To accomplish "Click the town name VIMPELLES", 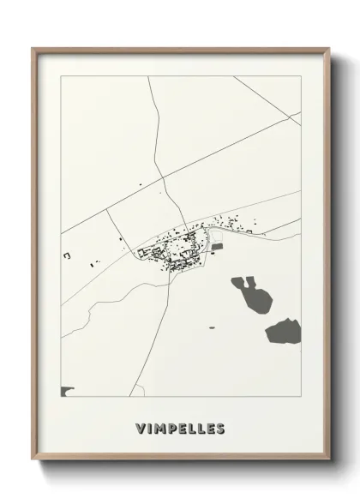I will [180, 428].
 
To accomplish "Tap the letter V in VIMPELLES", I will [140, 428].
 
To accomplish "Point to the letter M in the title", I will [158, 428].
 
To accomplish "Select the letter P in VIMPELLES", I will [170, 428].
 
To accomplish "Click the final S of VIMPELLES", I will [220, 428].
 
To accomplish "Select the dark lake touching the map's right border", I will [284, 330].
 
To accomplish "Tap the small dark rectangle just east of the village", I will [218, 247].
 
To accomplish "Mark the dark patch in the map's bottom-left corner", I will [67, 392].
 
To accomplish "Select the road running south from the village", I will [168, 309].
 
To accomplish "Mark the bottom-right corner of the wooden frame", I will [329, 461].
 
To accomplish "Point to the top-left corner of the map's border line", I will [61, 76].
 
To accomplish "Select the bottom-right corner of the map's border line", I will [301, 396].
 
